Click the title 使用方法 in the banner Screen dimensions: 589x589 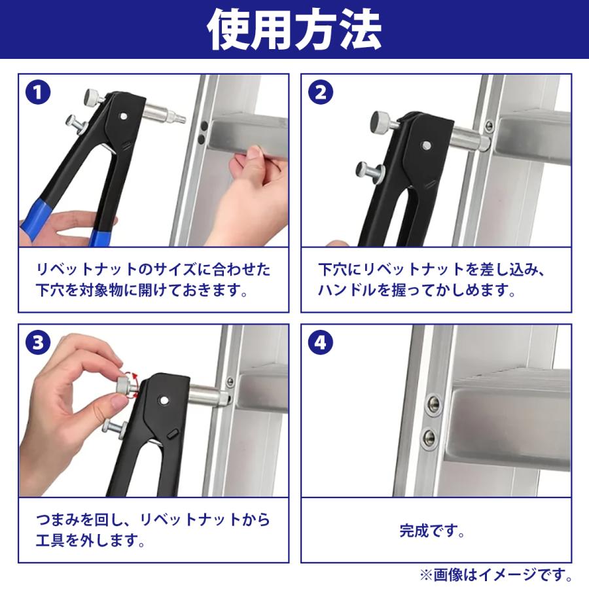[x=294, y=29]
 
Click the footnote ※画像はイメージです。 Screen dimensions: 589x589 [x=497, y=575]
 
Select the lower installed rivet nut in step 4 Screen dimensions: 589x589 [x=428, y=437]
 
